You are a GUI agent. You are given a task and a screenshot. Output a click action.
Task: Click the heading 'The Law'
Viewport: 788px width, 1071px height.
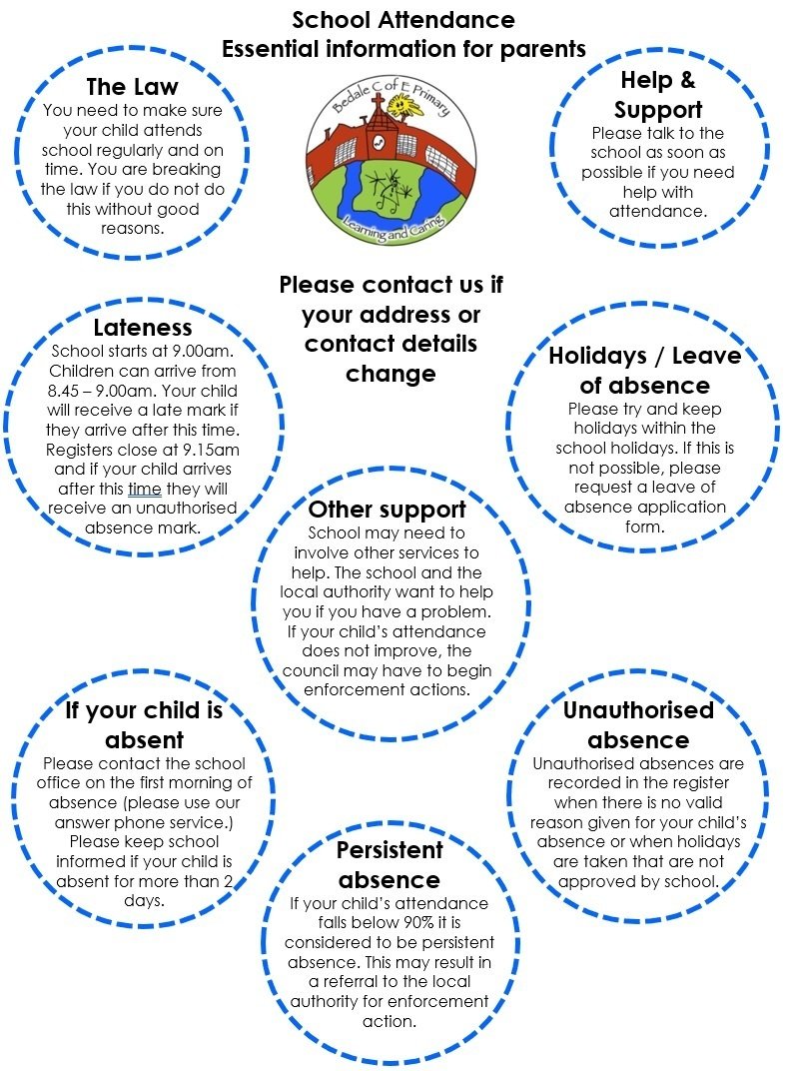[132, 87]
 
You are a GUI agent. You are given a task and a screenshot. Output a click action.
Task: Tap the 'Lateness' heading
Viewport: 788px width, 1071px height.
[143, 328]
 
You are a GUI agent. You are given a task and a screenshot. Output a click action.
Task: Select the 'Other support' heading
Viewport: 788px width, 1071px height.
[388, 510]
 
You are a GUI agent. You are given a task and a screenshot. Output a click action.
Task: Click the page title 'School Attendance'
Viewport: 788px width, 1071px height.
[403, 20]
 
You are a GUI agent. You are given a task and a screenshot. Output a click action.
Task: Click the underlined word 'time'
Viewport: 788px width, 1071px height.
[145, 490]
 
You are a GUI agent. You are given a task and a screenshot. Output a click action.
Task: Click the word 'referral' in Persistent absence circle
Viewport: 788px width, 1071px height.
[352, 982]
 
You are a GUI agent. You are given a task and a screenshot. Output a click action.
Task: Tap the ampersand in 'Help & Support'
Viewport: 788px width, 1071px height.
[686, 81]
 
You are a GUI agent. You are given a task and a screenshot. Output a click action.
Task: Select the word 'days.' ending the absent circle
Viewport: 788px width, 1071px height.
[144, 901]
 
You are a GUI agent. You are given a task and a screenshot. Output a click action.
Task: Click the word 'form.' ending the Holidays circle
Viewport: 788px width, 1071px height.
[644, 528]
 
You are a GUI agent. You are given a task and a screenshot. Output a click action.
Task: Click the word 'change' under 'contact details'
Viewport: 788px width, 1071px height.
[391, 375]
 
